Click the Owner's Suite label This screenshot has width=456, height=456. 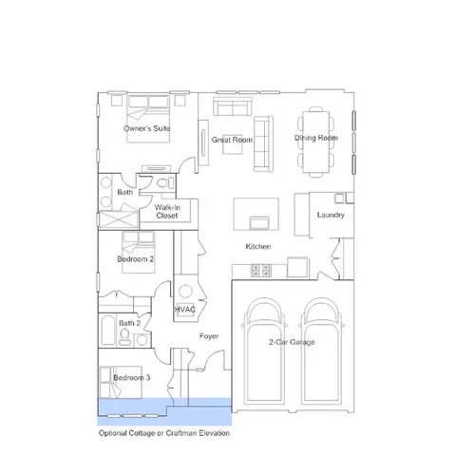coord(147,128)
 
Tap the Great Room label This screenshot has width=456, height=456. coord(232,140)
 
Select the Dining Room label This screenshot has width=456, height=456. coord(316,138)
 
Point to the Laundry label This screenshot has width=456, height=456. coord(331,215)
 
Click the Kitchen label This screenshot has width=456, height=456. coord(258,246)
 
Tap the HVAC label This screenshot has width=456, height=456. coord(185,310)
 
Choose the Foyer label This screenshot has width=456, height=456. coord(209,336)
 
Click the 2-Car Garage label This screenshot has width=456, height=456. coord(292,342)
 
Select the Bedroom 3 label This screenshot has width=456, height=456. coord(132,377)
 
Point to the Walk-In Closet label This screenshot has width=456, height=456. coord(167,212)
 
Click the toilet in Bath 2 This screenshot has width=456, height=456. coord(124,337)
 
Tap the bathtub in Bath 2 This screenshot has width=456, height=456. coord(107,330)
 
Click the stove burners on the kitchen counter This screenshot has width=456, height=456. coord(261,271)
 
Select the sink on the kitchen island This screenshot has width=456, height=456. coord(259,223)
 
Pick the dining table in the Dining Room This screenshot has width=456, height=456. coord(315,142)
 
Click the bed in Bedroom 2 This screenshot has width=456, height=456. coord(139,252)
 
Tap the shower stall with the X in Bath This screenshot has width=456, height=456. coord(119,219)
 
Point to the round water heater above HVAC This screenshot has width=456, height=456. coord(185,292)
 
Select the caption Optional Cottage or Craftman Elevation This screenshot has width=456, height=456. coord(164,433)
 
